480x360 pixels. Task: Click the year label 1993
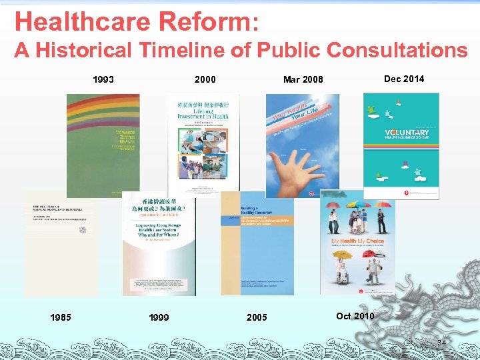[103, 80]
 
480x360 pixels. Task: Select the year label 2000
[205, 80]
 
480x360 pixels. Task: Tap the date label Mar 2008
[303, 80]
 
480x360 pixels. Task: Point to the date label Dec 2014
[404, 79]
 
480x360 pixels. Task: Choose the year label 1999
[158, 317]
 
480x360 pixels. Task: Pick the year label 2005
[257, 317]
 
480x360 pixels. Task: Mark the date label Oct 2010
[355, 316]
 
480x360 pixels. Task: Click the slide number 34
[441, 343]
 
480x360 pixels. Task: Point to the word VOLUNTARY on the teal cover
[407, 133]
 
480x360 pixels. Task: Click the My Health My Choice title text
[357, 241]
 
